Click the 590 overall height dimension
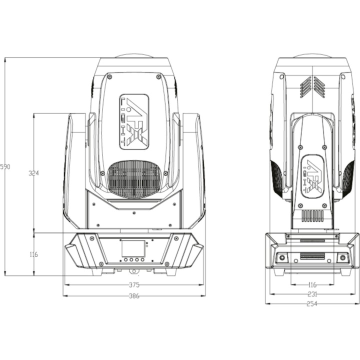point(5,166)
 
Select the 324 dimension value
point(33,173)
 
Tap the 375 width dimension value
point(134,285)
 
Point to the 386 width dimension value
point(134,296)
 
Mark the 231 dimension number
point(312,294)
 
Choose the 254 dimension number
point(312,303)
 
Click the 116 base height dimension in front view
point(33,254)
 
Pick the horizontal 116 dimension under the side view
point(312,284)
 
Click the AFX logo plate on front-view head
point(134,122)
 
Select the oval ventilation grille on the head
point(134,178)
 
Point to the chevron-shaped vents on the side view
point(312,87)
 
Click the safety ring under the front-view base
point(133,272)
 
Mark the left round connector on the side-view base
point(282,257)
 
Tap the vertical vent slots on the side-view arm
point(312,216)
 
